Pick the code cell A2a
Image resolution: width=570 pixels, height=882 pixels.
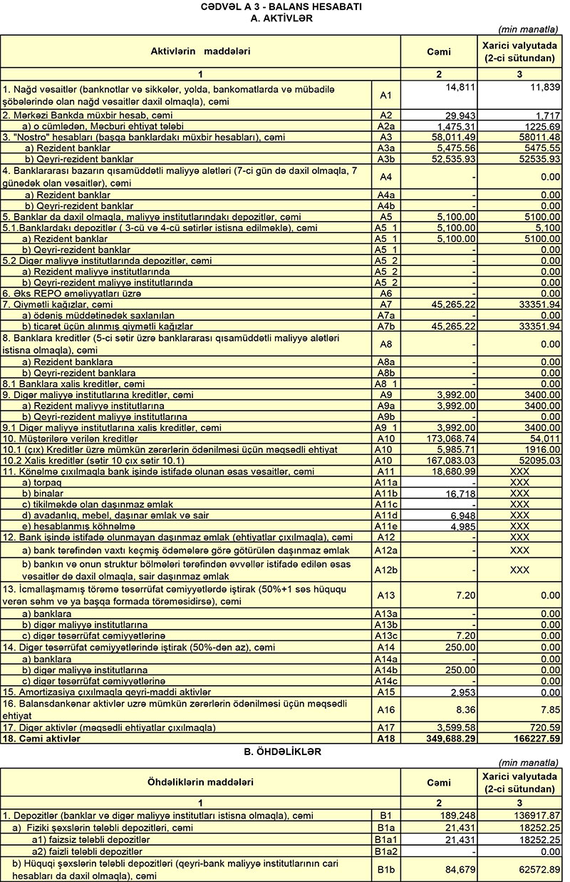tap(385, 125)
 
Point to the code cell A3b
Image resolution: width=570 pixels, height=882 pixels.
tap(385, 158)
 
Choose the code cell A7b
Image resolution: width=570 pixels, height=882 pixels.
tap(385, 326)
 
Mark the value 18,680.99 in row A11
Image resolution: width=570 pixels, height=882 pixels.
tap(455, 472)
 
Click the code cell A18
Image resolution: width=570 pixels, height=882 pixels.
tap(385, 739)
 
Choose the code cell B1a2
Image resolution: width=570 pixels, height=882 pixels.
tap(385, 851)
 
